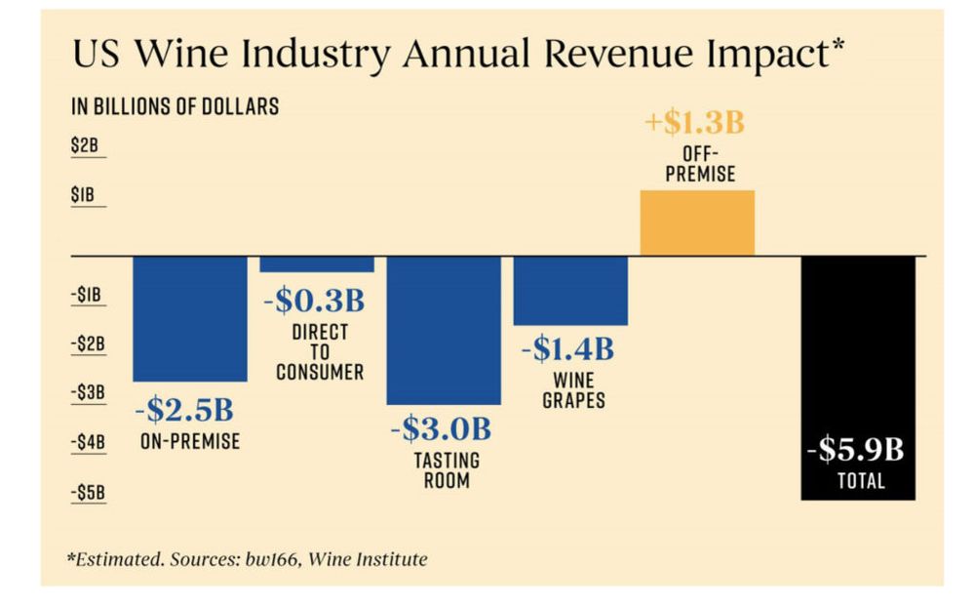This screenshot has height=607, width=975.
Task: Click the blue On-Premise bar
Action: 189,318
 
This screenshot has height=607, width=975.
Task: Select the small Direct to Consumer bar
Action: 317,263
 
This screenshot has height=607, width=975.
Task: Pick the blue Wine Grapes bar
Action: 570,290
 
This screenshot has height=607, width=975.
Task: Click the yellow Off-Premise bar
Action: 697,223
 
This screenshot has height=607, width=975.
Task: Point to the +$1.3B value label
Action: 695,124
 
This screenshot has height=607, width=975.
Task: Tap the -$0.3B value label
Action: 314,301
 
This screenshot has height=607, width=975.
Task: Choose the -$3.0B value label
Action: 441,428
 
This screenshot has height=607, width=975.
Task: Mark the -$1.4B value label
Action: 567,347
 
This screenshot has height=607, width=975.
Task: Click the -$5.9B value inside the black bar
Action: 856,450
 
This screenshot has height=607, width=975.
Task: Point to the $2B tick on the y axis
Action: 85,146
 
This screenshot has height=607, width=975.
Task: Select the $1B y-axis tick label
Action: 84,195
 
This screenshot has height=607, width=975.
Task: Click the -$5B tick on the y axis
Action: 87,492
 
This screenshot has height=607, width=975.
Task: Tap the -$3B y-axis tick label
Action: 87,392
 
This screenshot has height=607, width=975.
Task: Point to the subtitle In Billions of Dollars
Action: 175,107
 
